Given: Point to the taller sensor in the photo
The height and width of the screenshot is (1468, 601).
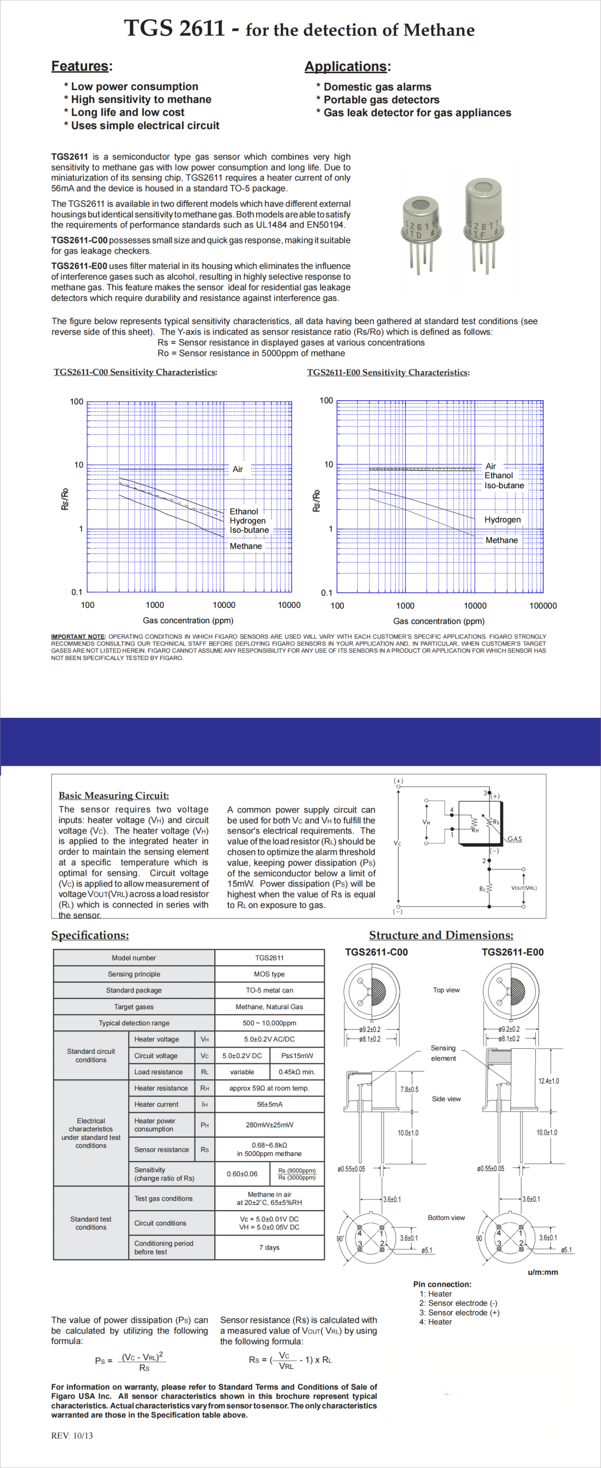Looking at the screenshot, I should point(483,222).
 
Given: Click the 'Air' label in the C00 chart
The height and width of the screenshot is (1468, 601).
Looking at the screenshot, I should point(238,469).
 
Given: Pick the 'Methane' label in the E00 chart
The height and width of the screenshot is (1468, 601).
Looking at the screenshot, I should point(501,540).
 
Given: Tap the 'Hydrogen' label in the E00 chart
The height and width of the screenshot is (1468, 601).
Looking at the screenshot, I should point(503,520).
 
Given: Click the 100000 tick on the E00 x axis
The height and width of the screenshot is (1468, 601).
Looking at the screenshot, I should point(543,606).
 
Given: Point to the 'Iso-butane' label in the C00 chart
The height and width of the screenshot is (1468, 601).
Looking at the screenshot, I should point(249,530).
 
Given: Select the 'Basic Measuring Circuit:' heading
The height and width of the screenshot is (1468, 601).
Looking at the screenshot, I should point(114,796).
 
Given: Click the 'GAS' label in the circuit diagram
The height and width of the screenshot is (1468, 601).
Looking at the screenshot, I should point(515,839).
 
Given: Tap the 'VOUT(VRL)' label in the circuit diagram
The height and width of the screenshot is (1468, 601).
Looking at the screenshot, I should point(524,888).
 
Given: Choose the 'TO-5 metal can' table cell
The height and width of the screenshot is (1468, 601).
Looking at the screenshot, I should point(269,990).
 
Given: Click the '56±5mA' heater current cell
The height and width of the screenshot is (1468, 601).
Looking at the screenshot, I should point(269,1104).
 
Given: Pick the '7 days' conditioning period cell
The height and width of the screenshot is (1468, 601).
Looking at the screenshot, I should point(269,1247).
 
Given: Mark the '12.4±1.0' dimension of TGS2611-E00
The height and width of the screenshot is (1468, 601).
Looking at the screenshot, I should point(549,1081).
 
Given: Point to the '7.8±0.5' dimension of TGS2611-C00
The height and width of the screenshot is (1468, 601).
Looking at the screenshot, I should point(409,1090).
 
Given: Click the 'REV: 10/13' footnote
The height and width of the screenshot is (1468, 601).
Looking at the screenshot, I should point(72,1436).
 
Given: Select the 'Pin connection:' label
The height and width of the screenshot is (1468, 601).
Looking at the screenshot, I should point(442,1284).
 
